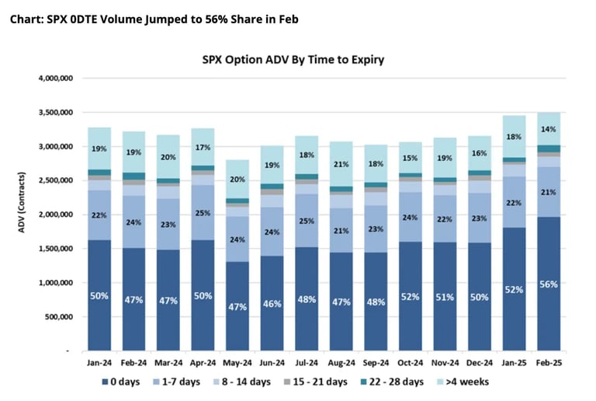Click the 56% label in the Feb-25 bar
[x=549, y=284]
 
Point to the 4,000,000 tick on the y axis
[x=54, y=78]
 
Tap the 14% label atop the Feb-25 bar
[x=549, y=129]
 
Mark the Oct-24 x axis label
[x=411, y=363]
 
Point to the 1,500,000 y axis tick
[x=54, y=249]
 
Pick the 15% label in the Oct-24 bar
[x=411, y=159]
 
